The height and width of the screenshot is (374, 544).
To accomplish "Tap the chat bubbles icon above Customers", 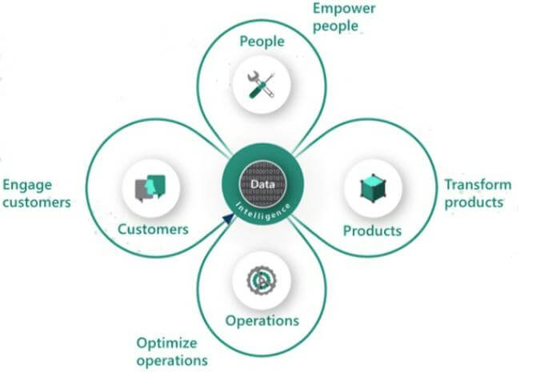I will point(152,187).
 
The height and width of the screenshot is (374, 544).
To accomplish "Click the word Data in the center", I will point(262,183).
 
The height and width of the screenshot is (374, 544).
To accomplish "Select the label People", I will point(262,41).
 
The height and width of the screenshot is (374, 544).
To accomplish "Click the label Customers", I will point(153,229).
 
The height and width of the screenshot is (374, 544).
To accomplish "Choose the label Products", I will point(372,231).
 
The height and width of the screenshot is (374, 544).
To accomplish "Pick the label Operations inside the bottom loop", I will point(262,320).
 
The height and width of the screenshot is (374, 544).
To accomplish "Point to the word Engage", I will point(27,185).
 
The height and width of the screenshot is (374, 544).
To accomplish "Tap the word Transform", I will point(478,184).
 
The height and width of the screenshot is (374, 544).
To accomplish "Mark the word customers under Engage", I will point(36,202).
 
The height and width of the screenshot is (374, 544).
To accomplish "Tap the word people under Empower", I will point(335,26).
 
